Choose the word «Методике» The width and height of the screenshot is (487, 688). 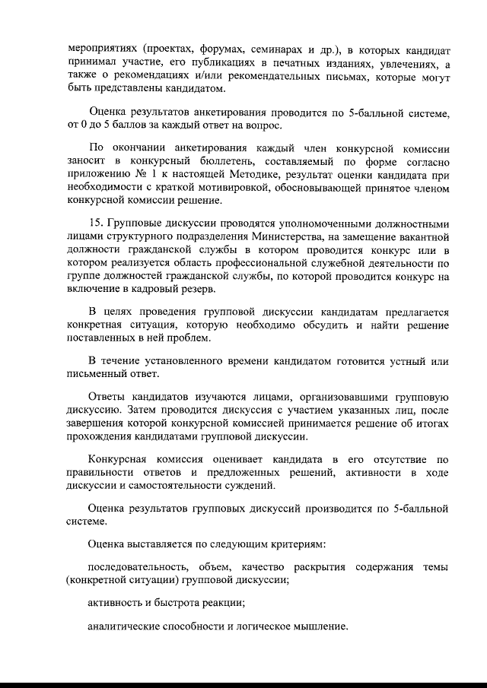(x=253, y=175)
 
